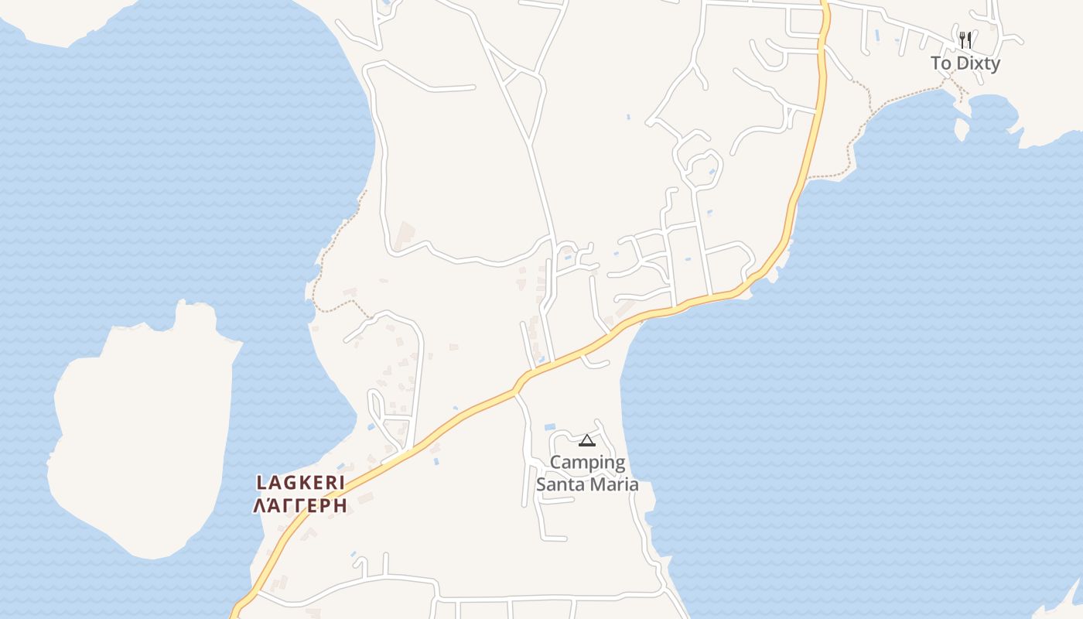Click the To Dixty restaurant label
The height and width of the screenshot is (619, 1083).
[965, 63]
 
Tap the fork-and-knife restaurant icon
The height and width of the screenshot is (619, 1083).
[965, 40]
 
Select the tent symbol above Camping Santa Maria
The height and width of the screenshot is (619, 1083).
[586, 441]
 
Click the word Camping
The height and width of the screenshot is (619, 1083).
[587, 463]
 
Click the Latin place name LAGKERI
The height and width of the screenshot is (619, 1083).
[300, 483]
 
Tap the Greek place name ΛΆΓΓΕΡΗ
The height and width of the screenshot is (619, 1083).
[300, 506]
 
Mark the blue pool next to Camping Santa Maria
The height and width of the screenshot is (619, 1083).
[551, 427]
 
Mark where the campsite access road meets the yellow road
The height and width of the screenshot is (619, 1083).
[515, 393]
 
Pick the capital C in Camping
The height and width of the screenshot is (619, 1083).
[555, 463]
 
